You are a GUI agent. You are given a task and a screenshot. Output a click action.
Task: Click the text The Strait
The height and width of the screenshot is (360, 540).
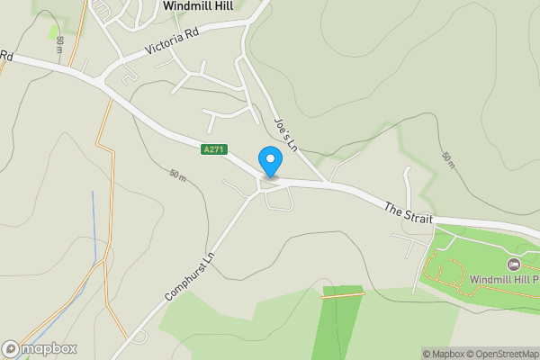click(409, 213)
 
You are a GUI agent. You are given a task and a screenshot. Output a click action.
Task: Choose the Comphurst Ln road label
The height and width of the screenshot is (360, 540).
click(190, 274)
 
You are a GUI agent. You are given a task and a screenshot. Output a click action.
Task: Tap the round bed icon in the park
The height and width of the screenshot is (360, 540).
click(514, 264)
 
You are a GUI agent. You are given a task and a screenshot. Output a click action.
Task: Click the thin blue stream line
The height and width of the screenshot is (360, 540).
click(94, 225)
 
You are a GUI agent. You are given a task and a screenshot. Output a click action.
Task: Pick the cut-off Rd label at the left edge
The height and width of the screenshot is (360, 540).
click(6, 55)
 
